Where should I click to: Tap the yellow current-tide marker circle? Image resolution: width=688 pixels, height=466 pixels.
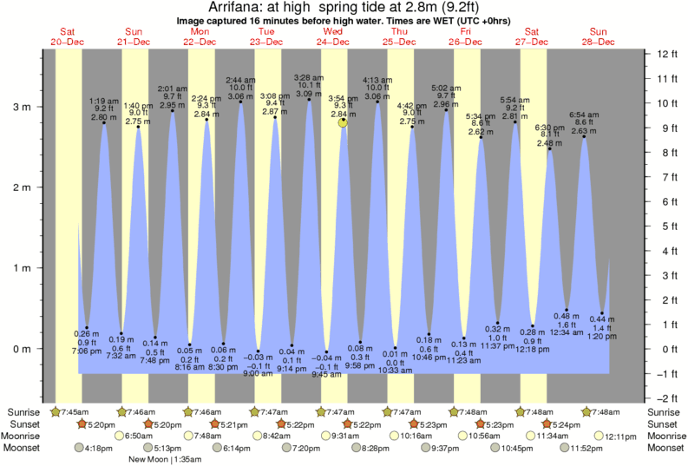pyautogui.click(x=344, y=123)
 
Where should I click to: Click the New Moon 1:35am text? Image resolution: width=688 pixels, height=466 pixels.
pyautogui.click(x=164, y=460)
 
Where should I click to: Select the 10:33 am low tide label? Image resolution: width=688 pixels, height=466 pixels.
pyautogui.click(x=395, y=371)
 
